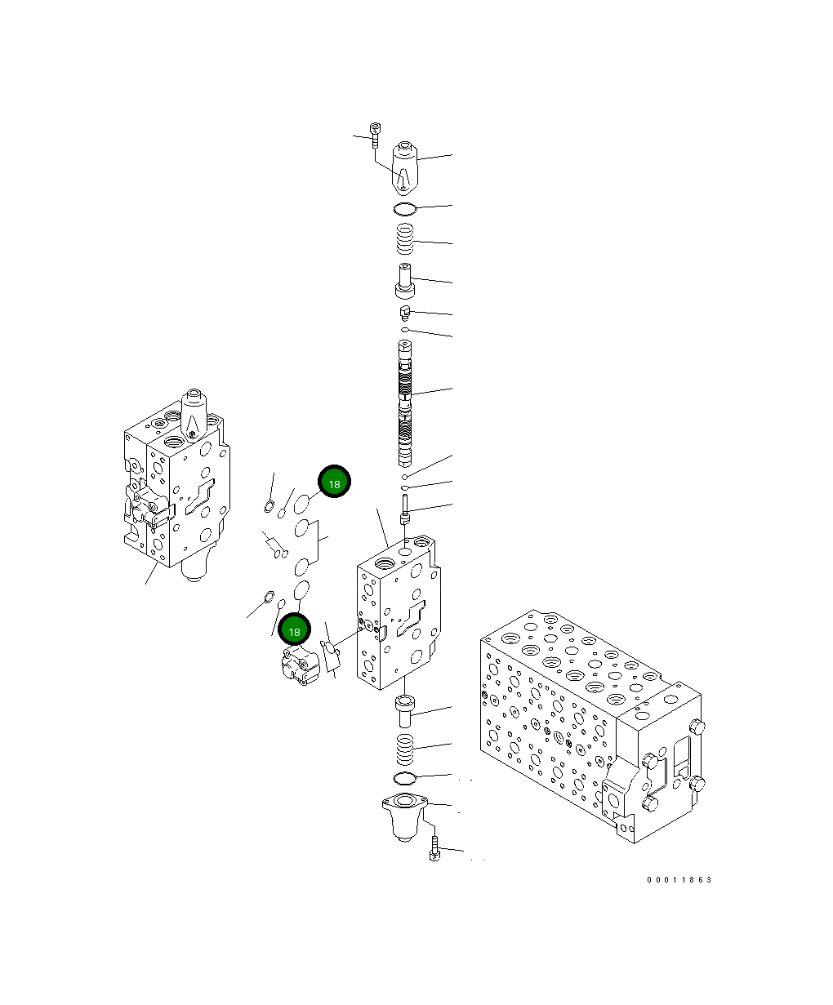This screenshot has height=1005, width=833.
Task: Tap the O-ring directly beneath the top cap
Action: tap(405, 209)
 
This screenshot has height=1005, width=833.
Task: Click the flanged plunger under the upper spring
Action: tap(405, 281)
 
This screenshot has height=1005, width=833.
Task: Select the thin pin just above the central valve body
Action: tap(405, 510)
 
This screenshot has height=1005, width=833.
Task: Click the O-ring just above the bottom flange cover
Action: tap(405, 776)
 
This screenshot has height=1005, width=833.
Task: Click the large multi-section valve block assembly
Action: tap(588, 718)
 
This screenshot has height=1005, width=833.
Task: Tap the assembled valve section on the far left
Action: tap(174, 490)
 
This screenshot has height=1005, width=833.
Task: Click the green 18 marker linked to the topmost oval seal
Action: tap(333, 483)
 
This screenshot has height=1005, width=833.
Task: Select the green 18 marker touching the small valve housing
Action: tap(295, 630)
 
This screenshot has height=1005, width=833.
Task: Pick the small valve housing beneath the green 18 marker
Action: tap(299, 665)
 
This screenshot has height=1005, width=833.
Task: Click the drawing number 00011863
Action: tap(679, 879)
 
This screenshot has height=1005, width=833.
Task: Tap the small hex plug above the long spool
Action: tap(404, 312)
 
